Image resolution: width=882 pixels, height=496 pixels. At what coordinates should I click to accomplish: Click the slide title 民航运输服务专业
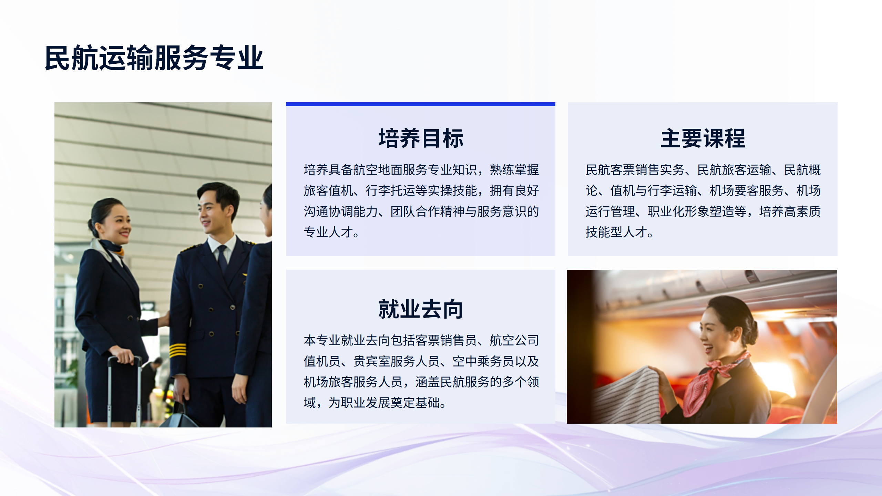tap(154, 58)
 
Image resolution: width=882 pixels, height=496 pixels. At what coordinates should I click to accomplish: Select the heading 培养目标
tap(421, 138)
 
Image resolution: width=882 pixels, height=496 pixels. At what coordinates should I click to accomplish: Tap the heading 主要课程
tap(702, 138)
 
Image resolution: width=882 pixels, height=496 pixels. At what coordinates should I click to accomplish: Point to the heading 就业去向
tap(421, 309)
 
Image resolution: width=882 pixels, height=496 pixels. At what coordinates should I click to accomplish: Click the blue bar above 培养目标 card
tap(421, 104)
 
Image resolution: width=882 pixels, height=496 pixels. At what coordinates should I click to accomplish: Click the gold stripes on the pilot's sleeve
tap(178, 351)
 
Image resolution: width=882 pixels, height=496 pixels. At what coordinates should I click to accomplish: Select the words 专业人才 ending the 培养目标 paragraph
tap(328, 232)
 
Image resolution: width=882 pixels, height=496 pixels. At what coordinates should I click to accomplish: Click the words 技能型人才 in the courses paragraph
tap(616, 232)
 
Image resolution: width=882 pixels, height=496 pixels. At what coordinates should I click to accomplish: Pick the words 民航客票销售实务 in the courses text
tap(635, 170)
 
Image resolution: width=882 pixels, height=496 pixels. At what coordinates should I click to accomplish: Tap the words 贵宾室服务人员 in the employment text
tap(397, 361)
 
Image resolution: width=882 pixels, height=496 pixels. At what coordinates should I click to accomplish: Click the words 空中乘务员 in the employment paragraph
tap(483, 361)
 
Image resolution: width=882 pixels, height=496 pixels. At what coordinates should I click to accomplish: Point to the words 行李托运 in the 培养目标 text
tap(390, 190)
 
